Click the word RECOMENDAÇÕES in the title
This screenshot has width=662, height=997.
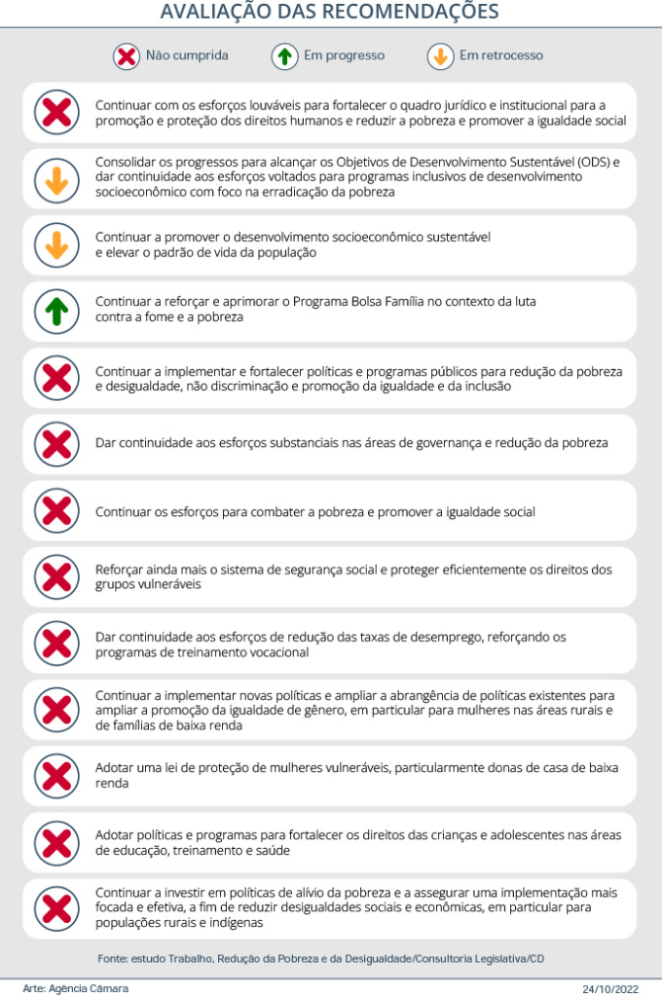point(415,13)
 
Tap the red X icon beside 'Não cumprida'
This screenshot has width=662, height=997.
point(126,56)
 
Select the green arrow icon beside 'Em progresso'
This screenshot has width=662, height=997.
point(284,56)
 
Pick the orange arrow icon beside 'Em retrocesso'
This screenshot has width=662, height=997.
point(440,56)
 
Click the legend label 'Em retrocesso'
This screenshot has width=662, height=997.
point(500,56)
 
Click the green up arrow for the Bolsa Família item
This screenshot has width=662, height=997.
point(56,312)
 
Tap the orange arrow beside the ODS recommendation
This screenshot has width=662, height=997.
point(56,179)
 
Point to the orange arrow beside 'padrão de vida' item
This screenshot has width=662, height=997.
point(56,245)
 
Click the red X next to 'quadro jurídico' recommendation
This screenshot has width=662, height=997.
point(56,113)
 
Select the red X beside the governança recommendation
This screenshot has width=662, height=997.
point(56,444)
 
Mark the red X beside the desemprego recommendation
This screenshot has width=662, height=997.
point(56,644)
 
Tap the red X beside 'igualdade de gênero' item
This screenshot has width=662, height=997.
point(56,710)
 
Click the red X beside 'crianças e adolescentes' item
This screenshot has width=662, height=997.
point(56,842)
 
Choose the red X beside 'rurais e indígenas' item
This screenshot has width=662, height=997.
point(56,908)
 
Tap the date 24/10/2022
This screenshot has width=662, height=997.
point(610,988)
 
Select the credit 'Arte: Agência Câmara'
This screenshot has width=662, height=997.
point(75,988)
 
